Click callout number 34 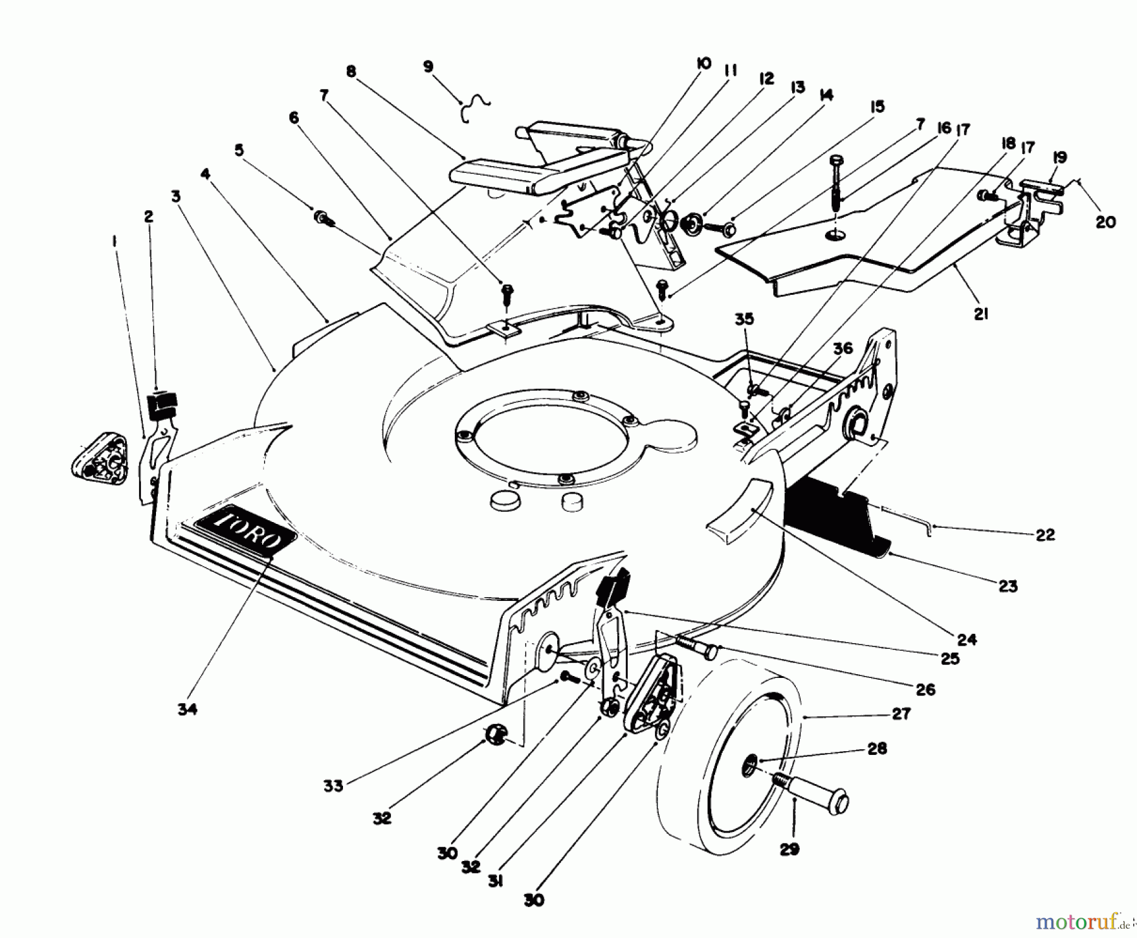[x=187, y=709]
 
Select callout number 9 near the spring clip [x=429, y=66]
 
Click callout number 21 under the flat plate [x=980, y=314]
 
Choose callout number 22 [x=1045, y=535]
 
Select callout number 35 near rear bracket [x=745, y=319]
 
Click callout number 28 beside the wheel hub [x=877, y=748]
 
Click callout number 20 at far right [x=1105, y=222]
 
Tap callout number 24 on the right [x=966, y=639]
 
